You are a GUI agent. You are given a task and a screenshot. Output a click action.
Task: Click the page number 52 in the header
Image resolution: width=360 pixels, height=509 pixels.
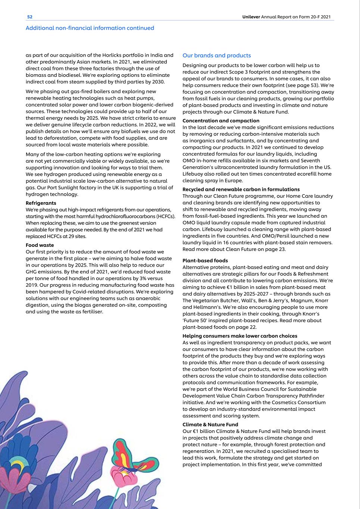coord(30,17)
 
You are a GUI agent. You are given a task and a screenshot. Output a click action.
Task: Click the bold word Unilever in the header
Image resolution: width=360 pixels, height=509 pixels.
coord(251,17)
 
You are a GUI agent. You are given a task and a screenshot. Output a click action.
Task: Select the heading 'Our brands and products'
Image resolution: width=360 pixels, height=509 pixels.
coord(216,56)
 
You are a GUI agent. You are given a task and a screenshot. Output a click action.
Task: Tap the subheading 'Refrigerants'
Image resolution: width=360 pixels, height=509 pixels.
coord(41,203)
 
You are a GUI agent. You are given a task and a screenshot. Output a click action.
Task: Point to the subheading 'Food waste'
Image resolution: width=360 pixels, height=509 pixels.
coord(40,245)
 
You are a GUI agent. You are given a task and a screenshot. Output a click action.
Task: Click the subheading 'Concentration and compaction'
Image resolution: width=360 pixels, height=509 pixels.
coord(220,120)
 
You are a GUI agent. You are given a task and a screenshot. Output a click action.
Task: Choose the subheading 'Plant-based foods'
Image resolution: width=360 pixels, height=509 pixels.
coord(205,260)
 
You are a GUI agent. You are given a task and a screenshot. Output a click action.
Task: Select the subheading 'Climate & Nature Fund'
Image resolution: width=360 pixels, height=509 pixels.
coord(210,424)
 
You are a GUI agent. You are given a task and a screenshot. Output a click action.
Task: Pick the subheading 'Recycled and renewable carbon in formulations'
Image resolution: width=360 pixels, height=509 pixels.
coord(241,189)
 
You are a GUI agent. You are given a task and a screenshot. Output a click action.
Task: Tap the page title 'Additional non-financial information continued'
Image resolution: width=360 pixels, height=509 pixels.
coord(90,28)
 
